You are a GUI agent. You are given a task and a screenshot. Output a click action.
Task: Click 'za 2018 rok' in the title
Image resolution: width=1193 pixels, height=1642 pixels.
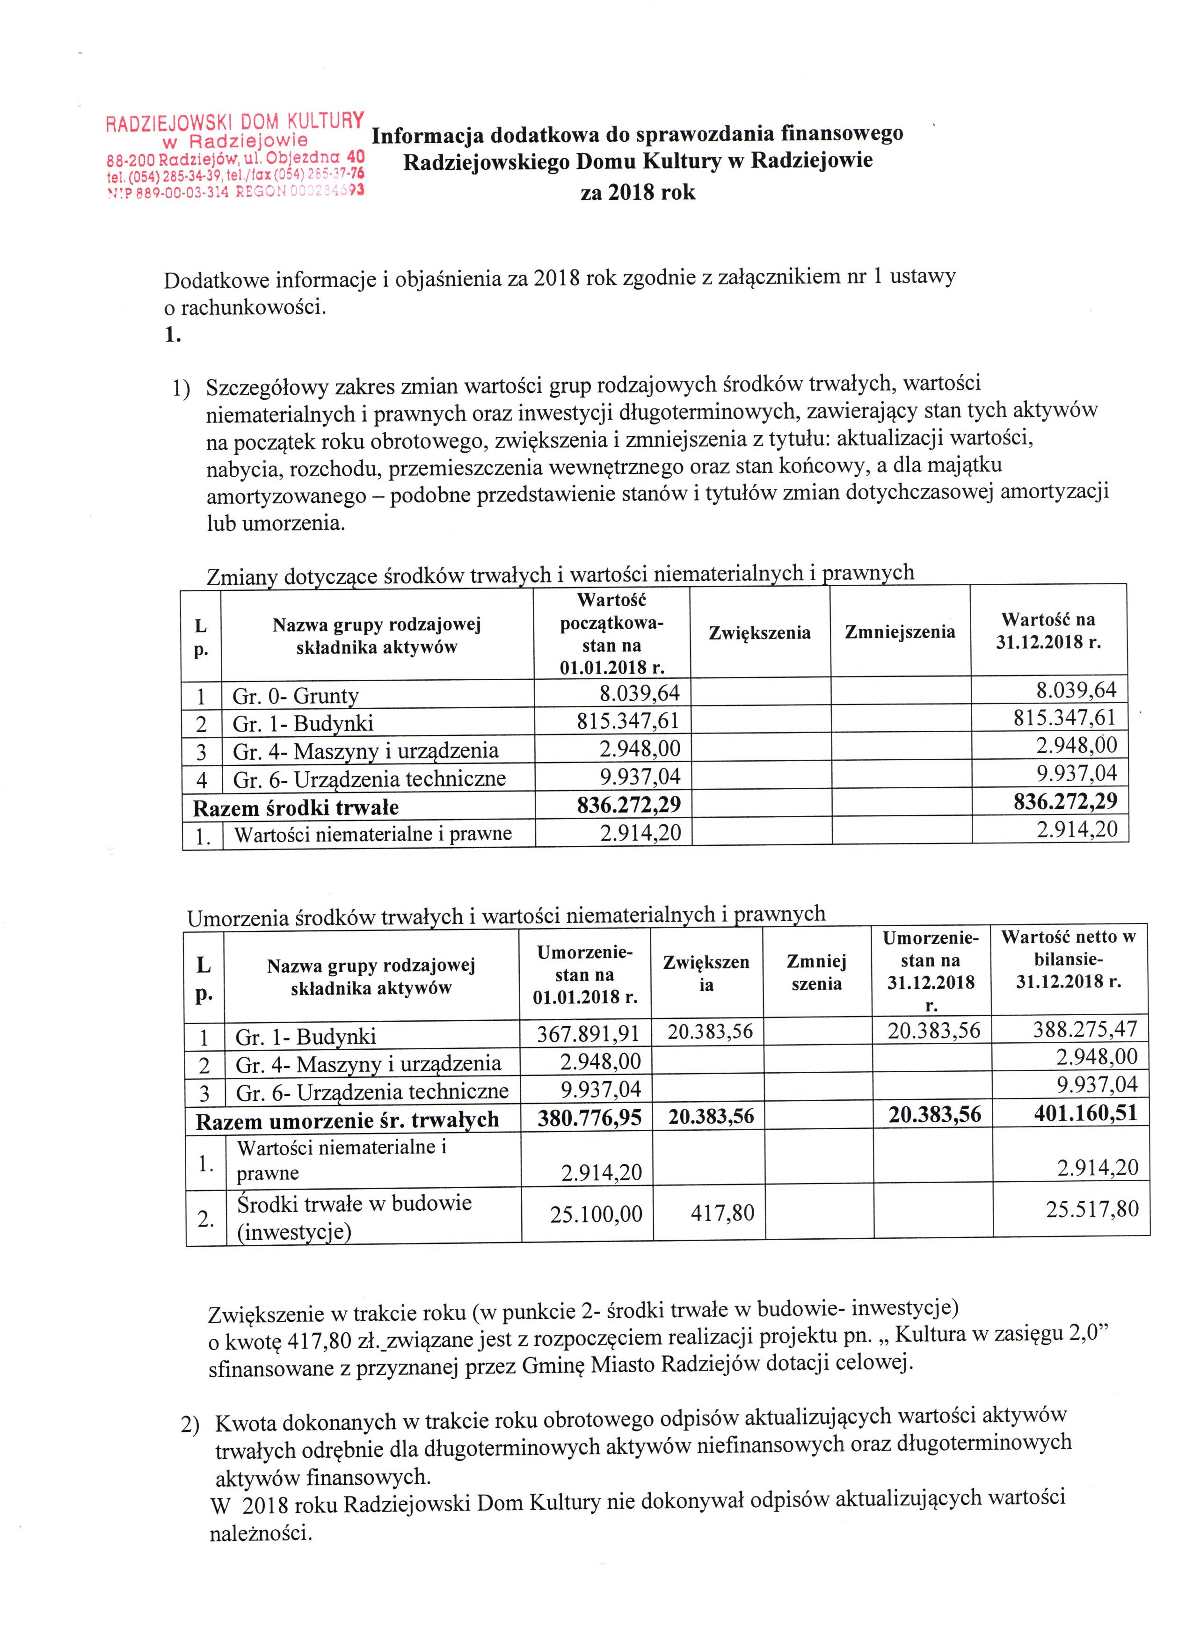[x=638, y=193]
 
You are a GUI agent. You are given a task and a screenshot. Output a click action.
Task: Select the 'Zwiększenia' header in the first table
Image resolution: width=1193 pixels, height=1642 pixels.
[x=759, y=633]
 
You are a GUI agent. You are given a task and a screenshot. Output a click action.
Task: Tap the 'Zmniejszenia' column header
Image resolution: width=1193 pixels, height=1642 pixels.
[x=900, y=632]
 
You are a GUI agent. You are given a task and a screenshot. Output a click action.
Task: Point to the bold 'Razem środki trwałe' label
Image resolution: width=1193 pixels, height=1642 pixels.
[x=296, y=806]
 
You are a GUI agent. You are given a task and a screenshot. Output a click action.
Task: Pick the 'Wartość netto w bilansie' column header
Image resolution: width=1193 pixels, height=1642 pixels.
[x=1069, y=959]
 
